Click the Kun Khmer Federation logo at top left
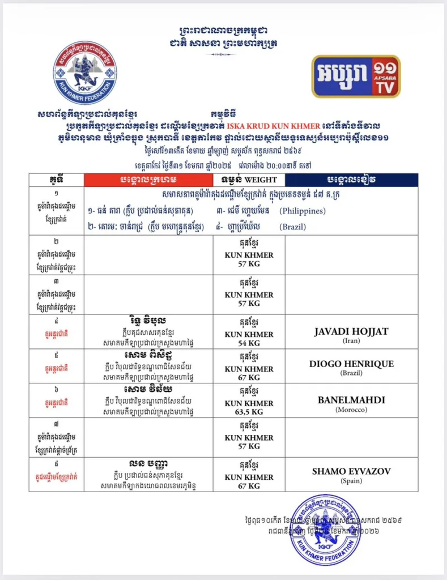pyautogui.click(x=85, y=72)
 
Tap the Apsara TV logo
pyautogui.click(x=356, y=76)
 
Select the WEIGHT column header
pyautogui.click(x=249, y=180)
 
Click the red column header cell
pyautogui.click(x=148, y=180)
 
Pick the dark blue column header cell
pyautogui.click(x=351, y=180)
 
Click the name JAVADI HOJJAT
pyautogui.click(x=351, y=331)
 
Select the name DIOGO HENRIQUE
pyautogui.click(x=351, y=364)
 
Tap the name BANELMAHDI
pyautogui.click(x=351, y=400)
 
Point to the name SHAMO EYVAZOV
pyautogui.click(x=351, y=471)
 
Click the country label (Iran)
pyautogui.click(x=351, y=341)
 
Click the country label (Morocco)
pyautogui.click(x=351, y=410)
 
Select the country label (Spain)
pyautogui.click(x=351, y=481)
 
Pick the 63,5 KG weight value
pyautogui.click(x=249, y=412)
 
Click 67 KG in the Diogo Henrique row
pyautogui.click(x=249, y=377)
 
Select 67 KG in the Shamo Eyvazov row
pyautogui.click(x=249, y=486)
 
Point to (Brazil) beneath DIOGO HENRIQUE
pyautogui.click(x=351, y=374)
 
